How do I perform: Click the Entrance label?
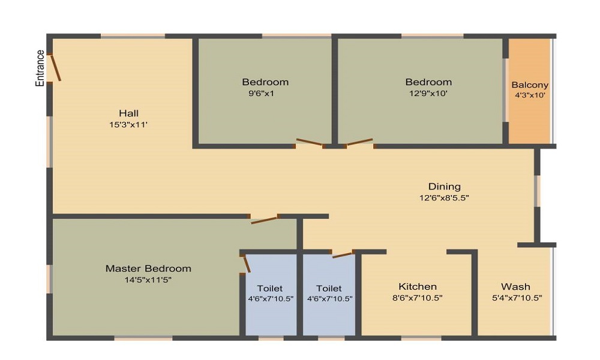pyautogui.click(x=40, y=68)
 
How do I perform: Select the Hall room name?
pyautogui.click(x=128, y=113)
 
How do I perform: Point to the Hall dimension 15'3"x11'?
pyautogui.click(x=128, y=125)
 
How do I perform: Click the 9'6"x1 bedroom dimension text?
pyautogui.click(x=262, y=94)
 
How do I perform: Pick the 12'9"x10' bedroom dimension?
pyautogui.click(x=428, y=94)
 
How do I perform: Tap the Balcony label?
pyautogui.click(x=530, y=85)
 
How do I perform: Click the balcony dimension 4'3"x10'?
pyautogui.click(x=530, y=95)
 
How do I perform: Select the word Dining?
pyautogui.click(x=444, y=187)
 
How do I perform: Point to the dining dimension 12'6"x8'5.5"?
pyautogui.click(x=444, y=198)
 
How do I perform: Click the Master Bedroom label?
pyautogui.click(x=148, y=269)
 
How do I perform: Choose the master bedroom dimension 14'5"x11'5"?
pyautogui.click(x=148, y=280)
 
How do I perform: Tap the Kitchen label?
pyautogui.click(x=418, y=287)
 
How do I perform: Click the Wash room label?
pyautogui.click(x=516, y=287)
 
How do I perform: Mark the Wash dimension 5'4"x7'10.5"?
pyautogui.click(x=517, y=298)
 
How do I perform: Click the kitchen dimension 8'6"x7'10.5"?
pyautogui.click(x=418, y=298)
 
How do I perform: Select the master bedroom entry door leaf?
pyautogui.click(x=264, y=220)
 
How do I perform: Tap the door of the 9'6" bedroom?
pyautogui.click(x=310, y=142)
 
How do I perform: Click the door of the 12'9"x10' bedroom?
pyautogui.click(x=359, y=142)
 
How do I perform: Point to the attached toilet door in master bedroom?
pyautogui.click(x=247, y=265)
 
